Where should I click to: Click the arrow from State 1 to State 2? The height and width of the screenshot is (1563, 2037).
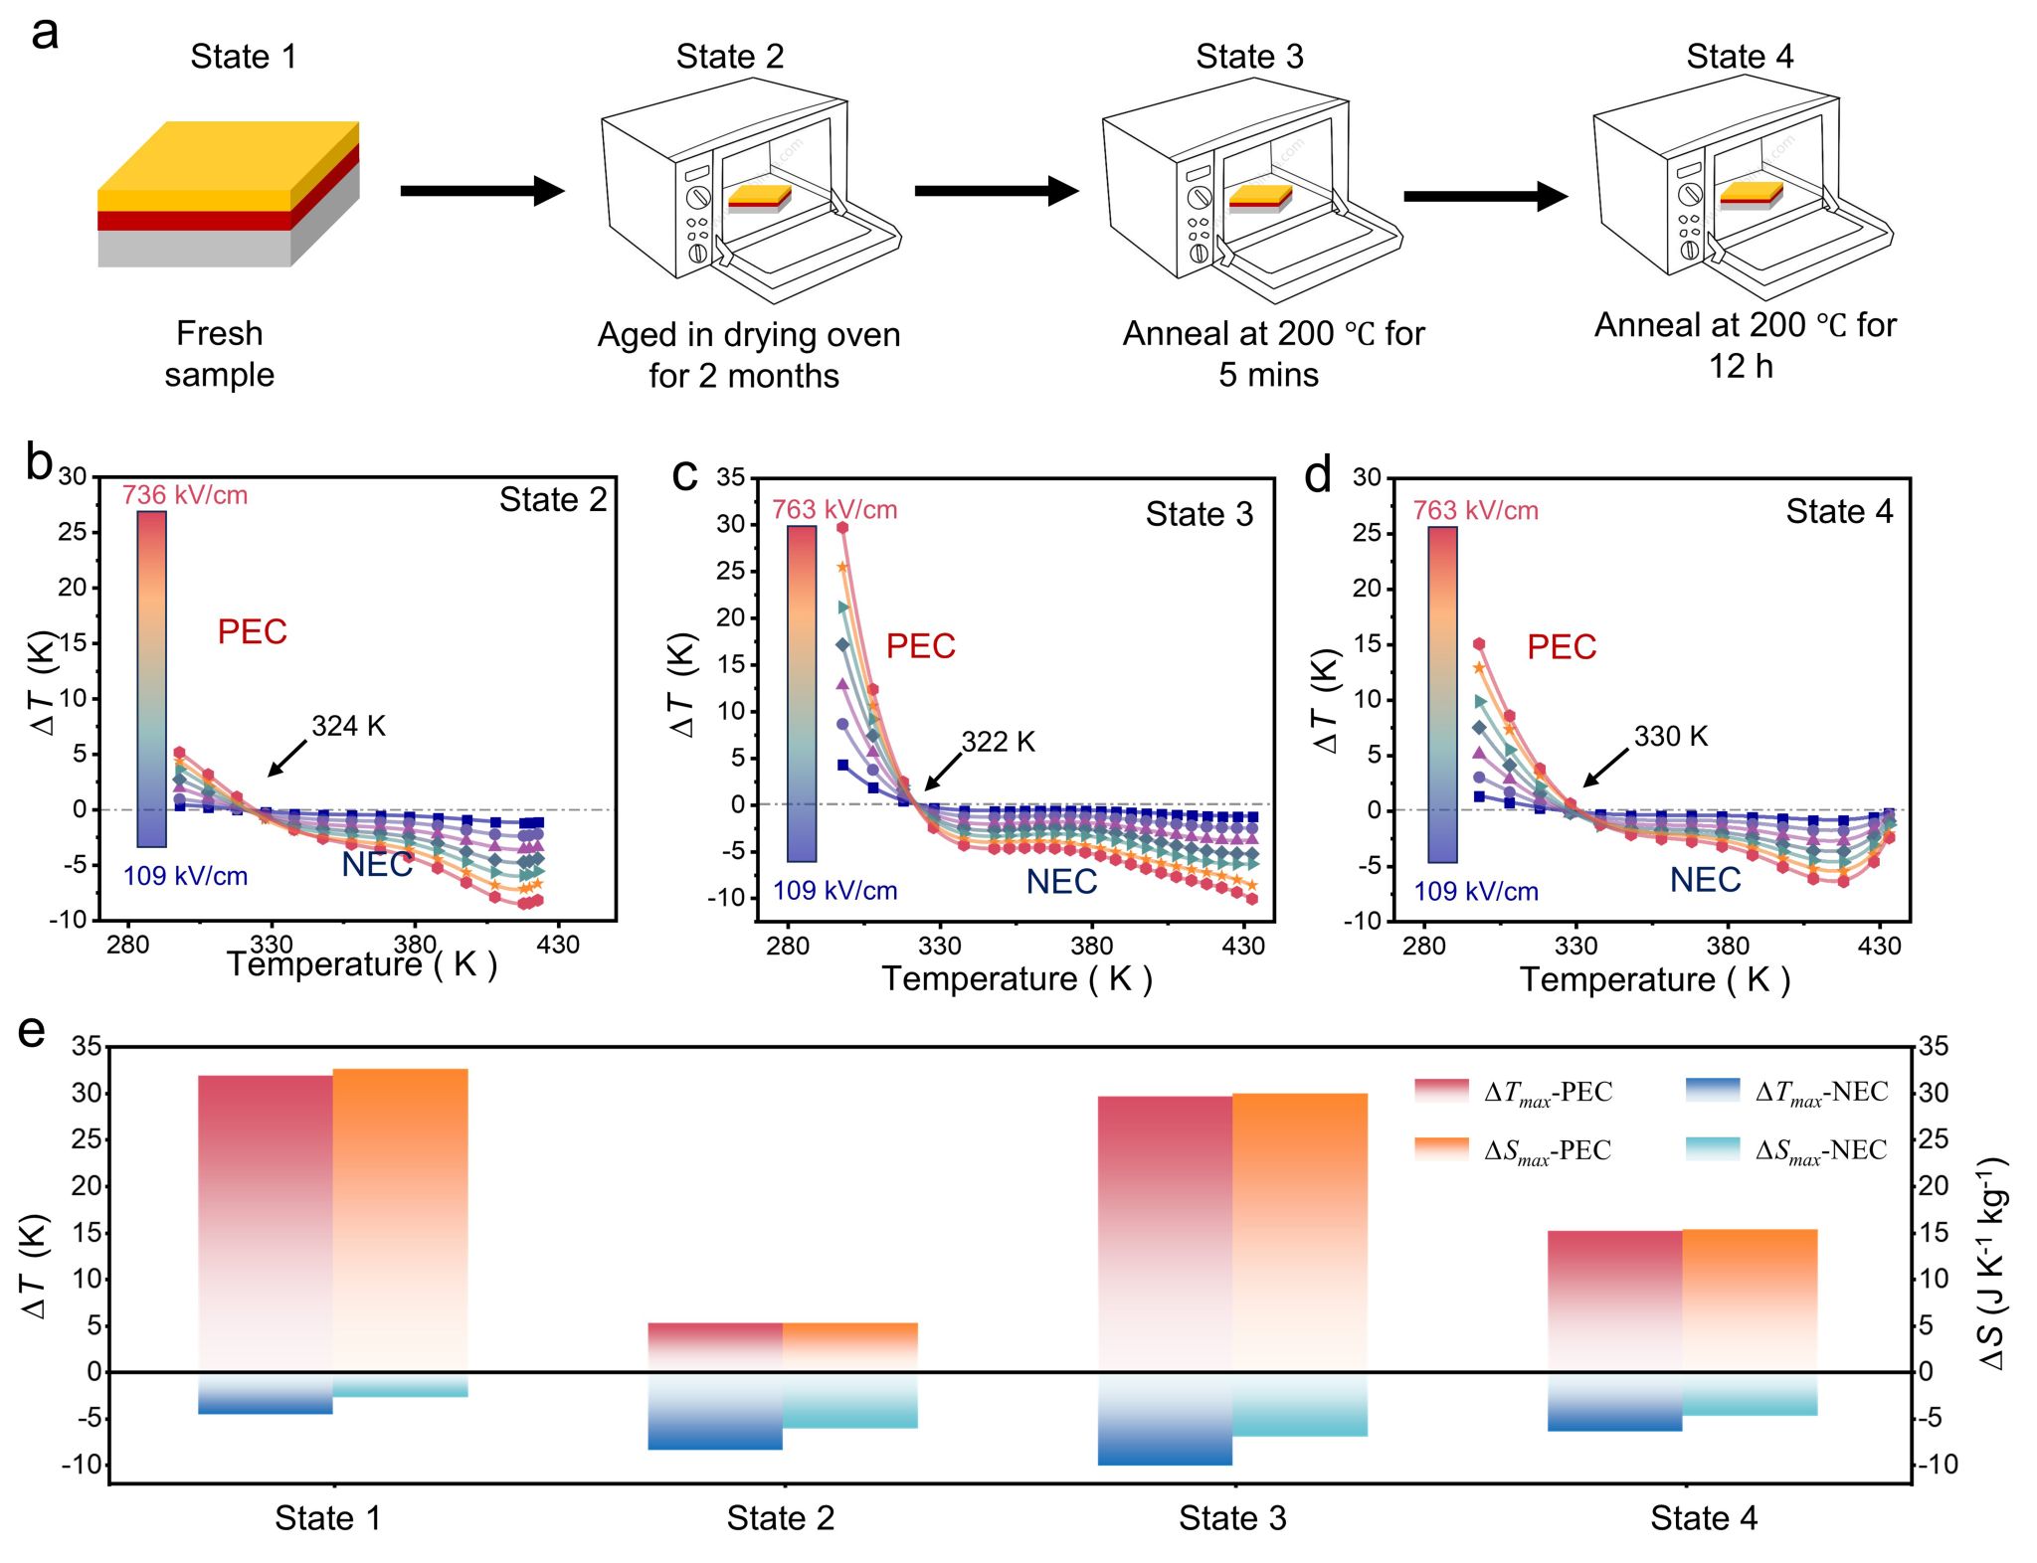[481, 190]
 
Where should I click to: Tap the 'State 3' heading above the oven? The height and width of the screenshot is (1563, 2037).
[1248, 57]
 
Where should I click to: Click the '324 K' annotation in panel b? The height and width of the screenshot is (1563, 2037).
[348, 726]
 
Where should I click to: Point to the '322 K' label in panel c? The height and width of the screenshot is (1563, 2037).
[998, 742]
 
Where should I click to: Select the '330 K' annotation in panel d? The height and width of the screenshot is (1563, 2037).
[1670, 737]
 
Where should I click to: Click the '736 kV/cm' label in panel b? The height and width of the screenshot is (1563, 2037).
[185, 495]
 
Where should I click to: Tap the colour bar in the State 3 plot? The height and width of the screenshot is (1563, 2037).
[802, 693]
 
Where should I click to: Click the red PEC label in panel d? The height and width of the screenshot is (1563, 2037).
[1561, 647]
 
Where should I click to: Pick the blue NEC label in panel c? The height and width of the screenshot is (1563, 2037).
[1061, 882]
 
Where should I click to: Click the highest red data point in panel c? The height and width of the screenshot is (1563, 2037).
[842, 528]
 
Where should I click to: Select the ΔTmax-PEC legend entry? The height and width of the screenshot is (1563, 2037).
[1513, 1092]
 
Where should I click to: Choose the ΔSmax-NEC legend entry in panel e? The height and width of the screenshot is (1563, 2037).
[1786, 1150]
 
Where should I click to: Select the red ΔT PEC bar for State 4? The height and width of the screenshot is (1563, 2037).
[1614, 1302]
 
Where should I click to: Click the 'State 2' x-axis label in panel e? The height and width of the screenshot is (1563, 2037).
[780, 1518]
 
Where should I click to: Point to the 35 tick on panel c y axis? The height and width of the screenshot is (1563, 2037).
[730, 477]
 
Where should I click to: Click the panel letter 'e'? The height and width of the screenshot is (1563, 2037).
[32, 1031]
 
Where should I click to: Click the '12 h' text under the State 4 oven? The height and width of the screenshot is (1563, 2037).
[1741, 367]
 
